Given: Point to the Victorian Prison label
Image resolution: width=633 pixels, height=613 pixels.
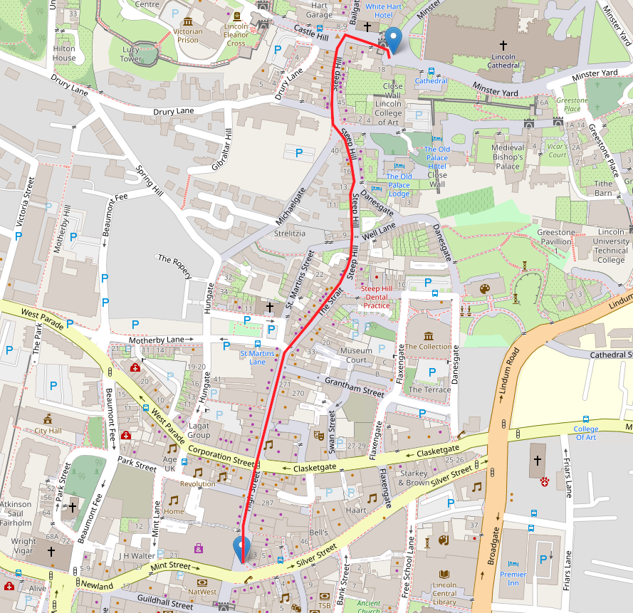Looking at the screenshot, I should pyautogui.click(x=188, y=36).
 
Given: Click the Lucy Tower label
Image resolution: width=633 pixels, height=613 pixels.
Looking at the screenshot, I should pyautogui.click(x=130, y=55).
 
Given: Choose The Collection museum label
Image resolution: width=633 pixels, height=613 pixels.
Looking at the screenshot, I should pyautogui.click(x=428, y=347).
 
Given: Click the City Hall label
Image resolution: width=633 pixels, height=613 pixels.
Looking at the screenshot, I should pyautogui.click(x=48, y=431).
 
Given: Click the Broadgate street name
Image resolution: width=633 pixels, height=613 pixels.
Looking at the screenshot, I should pyautogui.click(x=490, y=541).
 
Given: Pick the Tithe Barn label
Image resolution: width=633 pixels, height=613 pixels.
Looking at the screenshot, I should pyautogui.click(x=603, y=188).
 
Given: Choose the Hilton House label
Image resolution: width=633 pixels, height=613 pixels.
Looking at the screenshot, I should pyautogui.click(x=63, y=53).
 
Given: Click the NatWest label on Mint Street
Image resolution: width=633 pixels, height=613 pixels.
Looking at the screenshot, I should pyautogui.click(x=203, y=591).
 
